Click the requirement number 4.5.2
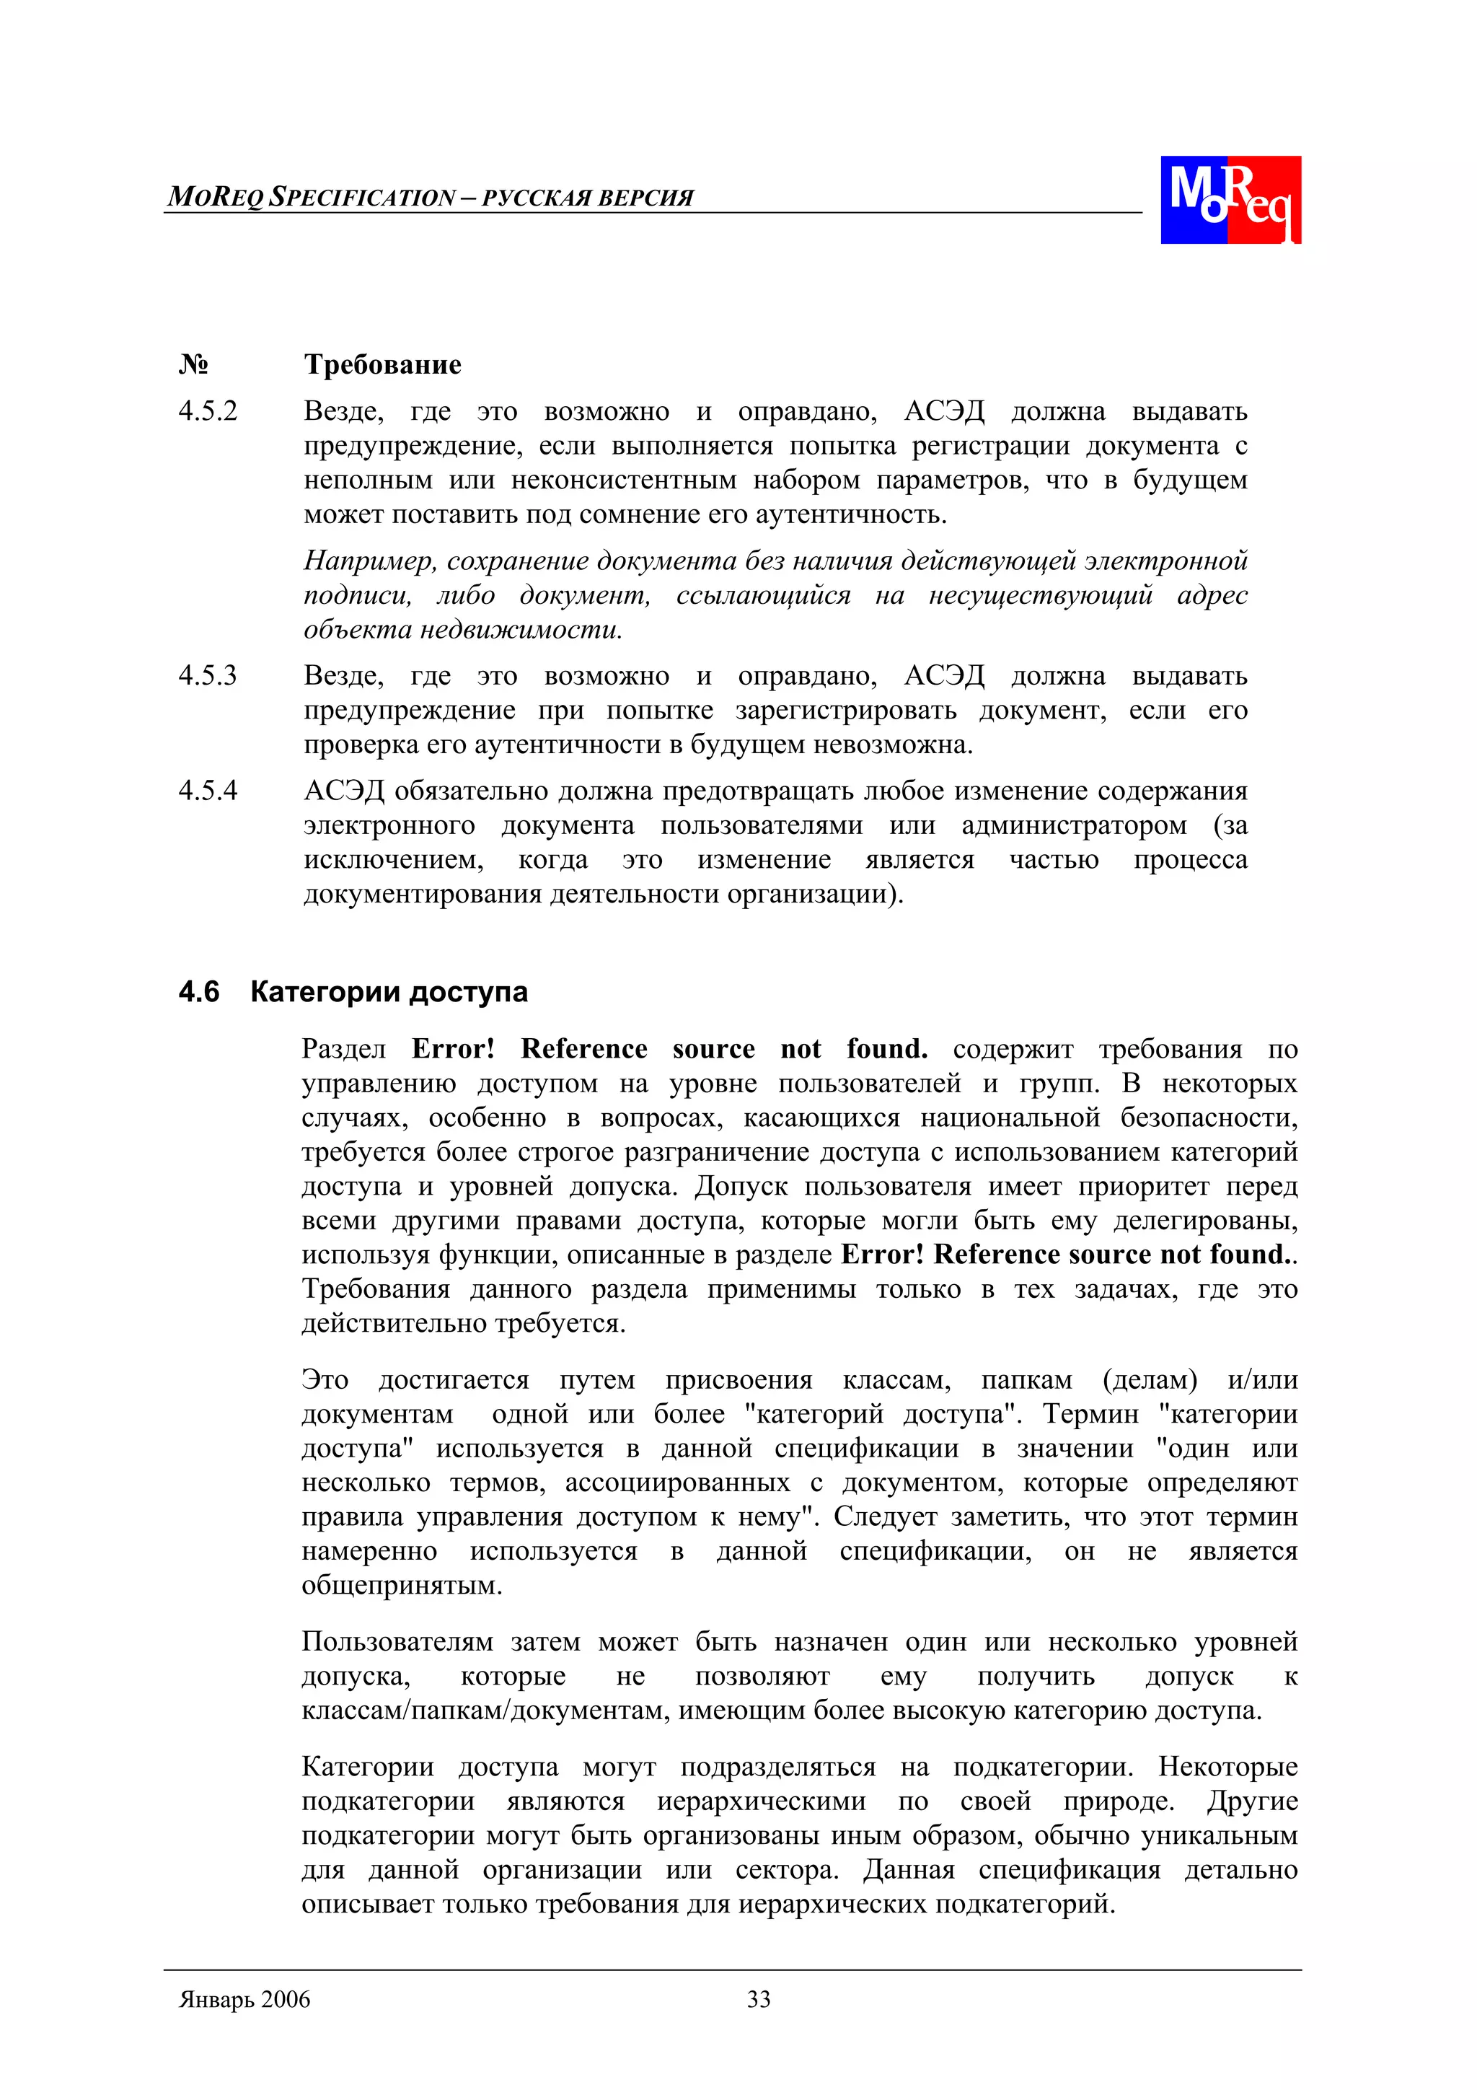(208, 411)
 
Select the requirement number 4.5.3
(208, 675)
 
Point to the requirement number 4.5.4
(208, 790)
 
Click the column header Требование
(382, 364)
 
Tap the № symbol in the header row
(193, 364)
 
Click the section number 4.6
(198, 991)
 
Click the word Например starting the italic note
(369, 561)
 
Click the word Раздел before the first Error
(343, 1050)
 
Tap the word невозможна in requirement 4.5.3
(892, 745)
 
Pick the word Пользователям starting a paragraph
(397, 1642)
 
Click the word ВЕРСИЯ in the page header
(650, 198)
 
